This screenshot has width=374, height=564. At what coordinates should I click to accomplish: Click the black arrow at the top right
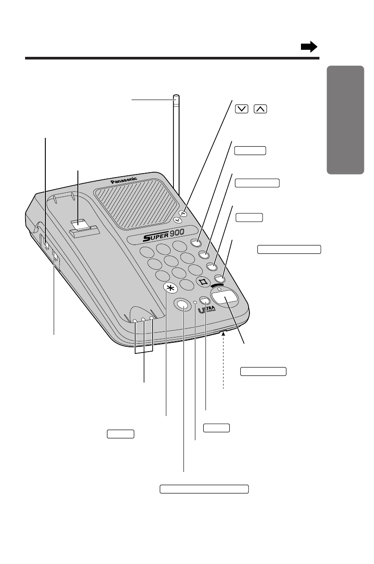point(309,47)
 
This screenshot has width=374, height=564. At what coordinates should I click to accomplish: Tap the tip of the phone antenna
point(176,97)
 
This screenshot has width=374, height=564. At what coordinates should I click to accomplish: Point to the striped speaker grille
point(132,201)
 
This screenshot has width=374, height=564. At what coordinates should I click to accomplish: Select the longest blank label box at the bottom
point(204,489)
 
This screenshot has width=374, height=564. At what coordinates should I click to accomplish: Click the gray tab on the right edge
point(345,119)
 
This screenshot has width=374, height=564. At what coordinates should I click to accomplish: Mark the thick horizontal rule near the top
point(172,58)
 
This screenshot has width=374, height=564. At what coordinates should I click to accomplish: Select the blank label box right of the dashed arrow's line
point(264,371)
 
